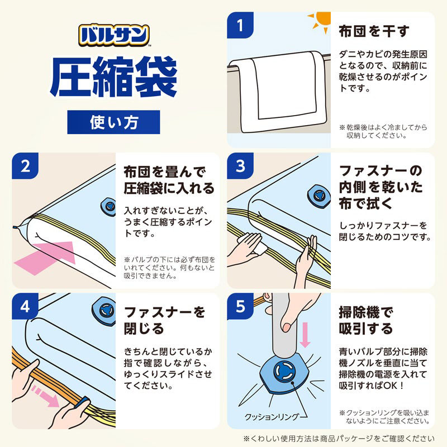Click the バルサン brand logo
(114, 35)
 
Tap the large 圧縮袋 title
(114, 79)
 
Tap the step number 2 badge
(25, 166)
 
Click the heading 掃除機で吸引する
(366, 320)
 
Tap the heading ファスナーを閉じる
(164, 319)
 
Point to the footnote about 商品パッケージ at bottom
(338, 439)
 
